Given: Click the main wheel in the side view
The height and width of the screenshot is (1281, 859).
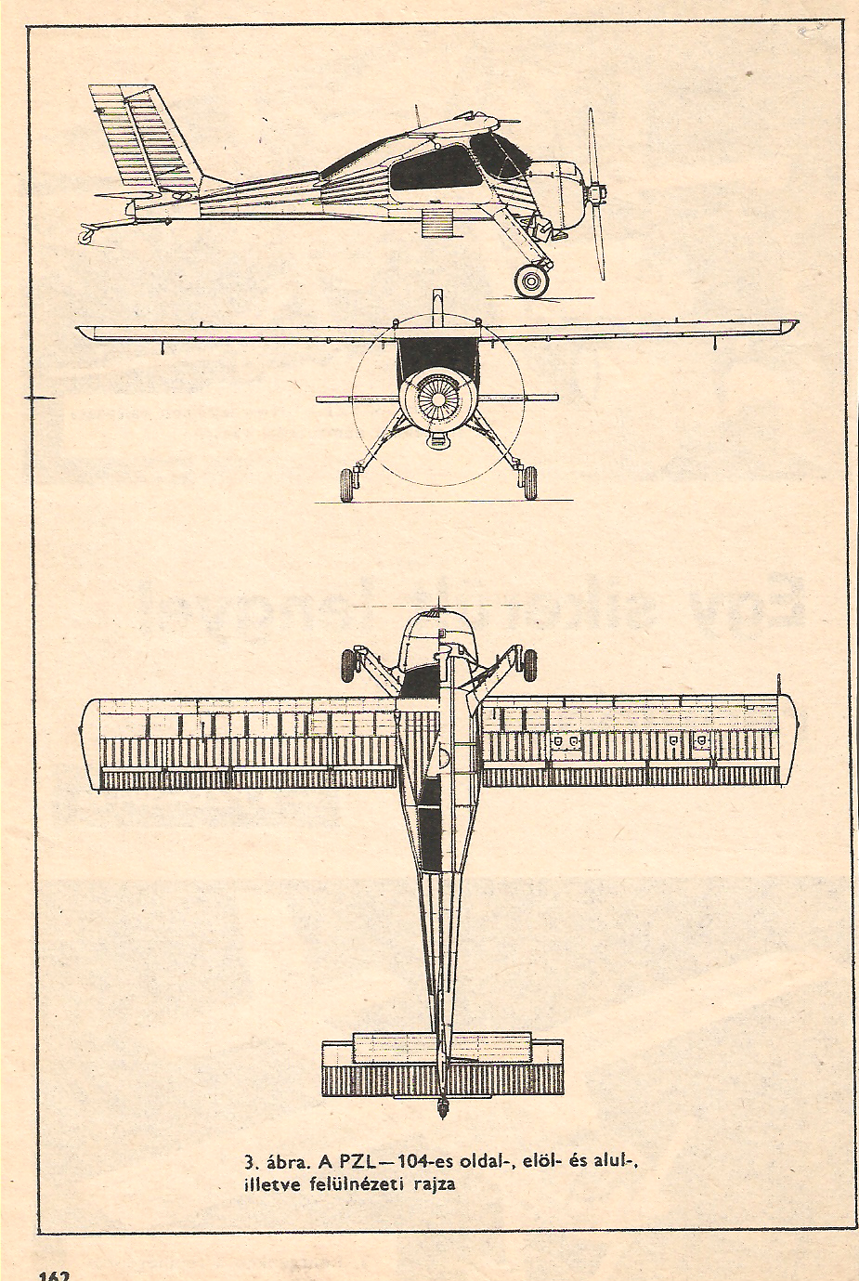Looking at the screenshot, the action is click(532, 280).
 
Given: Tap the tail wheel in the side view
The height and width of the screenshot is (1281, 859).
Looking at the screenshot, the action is click(85, 236).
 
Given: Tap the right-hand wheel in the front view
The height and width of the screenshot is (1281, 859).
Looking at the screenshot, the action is click(527, 484).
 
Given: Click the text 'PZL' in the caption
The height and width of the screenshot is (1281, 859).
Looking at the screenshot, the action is click(356, 1161).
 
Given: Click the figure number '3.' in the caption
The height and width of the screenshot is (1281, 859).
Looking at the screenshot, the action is click(250, 1161).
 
